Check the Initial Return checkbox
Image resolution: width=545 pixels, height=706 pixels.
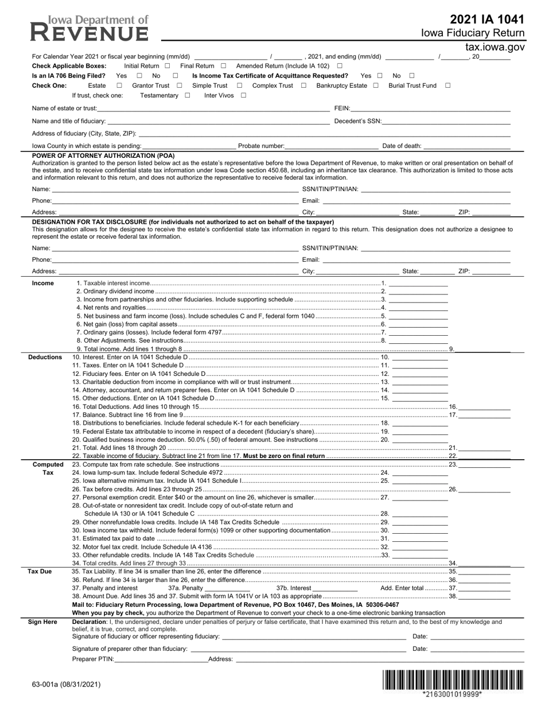tap(168, 66)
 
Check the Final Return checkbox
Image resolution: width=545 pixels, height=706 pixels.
tap(224, 66)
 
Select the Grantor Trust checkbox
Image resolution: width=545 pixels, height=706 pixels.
tap(180, 86)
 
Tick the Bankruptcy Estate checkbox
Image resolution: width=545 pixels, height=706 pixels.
tap(376, 86)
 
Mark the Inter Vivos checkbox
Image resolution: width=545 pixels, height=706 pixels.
tap(243, 95)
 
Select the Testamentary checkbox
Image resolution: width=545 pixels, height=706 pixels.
tap(188, 95)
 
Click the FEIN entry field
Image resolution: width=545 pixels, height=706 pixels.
tap(430, 108)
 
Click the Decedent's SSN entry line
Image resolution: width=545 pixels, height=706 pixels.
tap(446, 121)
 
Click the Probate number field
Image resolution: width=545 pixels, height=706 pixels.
tap(332, 146)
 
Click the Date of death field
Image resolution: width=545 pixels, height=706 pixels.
tap(466, 146)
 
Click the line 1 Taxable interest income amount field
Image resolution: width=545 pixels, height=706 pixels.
tap(418, 283)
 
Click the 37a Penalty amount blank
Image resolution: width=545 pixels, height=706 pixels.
tap(227, 588)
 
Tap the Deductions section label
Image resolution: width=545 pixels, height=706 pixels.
tap(45, 357)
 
